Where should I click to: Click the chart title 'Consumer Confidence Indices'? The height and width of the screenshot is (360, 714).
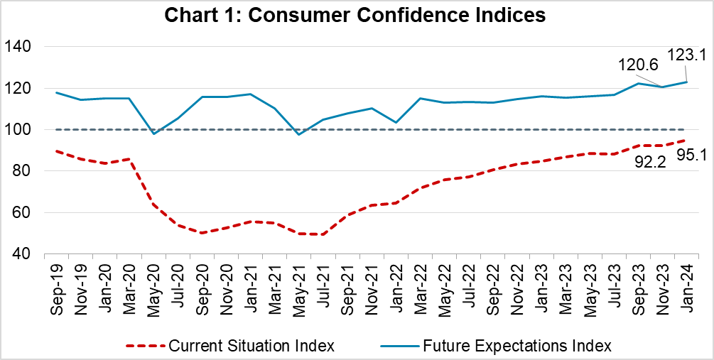tap(357, 15)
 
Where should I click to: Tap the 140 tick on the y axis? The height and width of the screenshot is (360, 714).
tap(22, 47)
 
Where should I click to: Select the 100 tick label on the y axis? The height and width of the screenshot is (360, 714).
tap(22, 130)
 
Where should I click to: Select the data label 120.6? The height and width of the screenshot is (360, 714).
tap(637, 64)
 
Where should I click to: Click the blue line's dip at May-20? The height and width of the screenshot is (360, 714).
tap(153, 133)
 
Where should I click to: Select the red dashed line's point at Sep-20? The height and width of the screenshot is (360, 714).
tap(202, 233)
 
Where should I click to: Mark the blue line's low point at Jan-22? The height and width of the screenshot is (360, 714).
tap(395, 122)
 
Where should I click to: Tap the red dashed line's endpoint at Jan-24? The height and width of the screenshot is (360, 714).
tap(685, 141)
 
